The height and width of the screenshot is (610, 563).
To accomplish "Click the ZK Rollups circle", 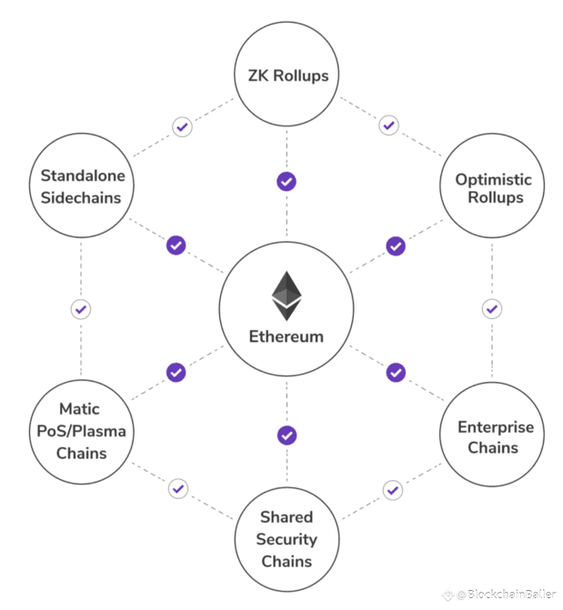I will coord(287,76).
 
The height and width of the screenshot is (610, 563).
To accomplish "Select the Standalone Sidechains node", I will coord(82,186).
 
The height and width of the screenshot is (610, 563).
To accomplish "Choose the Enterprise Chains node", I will coord(492,437).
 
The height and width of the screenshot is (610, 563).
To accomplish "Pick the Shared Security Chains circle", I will coord(287,539).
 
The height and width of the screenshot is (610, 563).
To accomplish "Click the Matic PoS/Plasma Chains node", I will coord(82,430).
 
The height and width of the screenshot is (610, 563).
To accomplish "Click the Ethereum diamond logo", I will coord(287,295).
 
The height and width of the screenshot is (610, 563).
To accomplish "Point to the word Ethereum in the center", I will coord(287,336).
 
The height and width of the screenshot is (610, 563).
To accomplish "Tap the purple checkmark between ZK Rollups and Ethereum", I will coord(287,182).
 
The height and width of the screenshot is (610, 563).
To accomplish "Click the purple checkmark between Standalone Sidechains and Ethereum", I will coord(176,245).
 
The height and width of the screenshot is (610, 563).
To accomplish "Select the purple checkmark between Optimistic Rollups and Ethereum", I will coord(396,245).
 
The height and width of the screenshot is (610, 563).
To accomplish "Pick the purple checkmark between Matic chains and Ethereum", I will coord(176,372).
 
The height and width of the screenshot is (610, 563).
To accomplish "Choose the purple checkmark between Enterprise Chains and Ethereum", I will coord(396,372).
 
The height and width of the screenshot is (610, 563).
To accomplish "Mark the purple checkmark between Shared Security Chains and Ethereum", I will coord(287,435).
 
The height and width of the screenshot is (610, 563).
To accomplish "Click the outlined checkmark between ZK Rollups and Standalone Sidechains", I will coord(182,126).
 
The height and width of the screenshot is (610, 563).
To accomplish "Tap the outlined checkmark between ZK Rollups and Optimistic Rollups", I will coord(388,125).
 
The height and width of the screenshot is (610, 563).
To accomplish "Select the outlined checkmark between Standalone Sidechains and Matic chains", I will coord(81,309).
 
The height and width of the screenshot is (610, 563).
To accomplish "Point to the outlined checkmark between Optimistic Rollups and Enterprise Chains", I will coord(492,309).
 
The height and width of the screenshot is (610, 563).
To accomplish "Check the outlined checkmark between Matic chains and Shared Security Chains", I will coord(178,489).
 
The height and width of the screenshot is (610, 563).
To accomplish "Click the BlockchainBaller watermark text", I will coord(505,594).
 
